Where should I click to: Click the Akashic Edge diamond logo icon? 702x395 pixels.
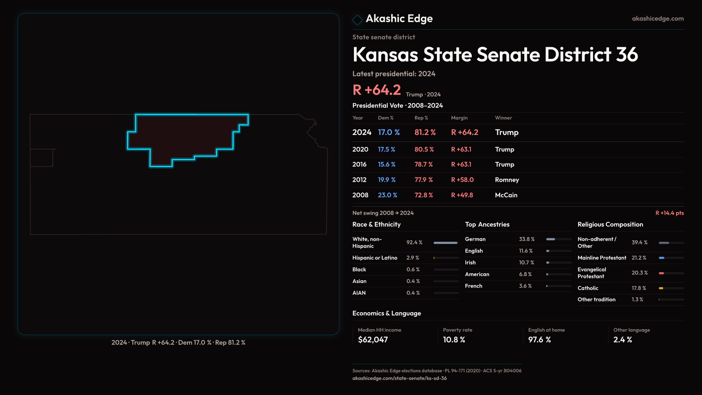(x=357, y=19)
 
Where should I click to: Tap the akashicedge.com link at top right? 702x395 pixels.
(x=657, y=18)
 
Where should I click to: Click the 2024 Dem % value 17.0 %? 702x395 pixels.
(x=389, y=132)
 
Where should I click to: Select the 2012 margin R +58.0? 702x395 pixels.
(x=462, y=180)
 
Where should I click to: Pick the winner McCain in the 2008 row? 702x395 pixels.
(x=506, y=195)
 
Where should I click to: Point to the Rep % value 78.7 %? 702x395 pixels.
(x=423, y=165)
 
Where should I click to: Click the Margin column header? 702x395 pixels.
(x=459, y=118)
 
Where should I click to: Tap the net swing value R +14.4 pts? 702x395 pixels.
(x=669, y=213)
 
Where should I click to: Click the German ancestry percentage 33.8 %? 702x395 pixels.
(x=526, y=239)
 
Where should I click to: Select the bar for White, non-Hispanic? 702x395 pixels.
(x=445, y=243)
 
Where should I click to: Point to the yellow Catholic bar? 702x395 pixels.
(x=661, y=288)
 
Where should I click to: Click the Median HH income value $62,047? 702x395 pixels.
(x=373, y=340)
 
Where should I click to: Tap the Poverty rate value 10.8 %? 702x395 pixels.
(x=454, y=340)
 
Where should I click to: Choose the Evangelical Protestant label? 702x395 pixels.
(x=592, y=273)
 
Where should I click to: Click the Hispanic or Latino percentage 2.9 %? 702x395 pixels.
(x=413, y=258)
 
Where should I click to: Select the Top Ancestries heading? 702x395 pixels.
(x=487, y=225)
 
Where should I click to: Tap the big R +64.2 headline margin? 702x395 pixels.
(x=377, y=90)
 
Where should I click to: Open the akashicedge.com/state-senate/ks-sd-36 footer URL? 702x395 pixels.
(x=399, y=378)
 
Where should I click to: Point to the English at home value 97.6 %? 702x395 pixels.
(x=539, y=340)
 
